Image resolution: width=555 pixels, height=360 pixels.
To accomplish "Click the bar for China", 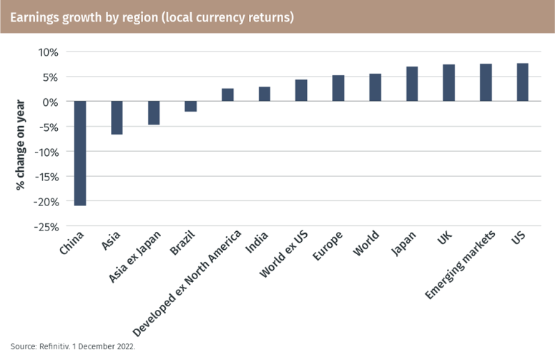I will click(x=80, y=153).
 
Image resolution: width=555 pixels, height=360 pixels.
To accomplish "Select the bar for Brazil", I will click(x=191, y=107).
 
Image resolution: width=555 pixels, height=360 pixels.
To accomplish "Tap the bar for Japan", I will click(x=412, y=84).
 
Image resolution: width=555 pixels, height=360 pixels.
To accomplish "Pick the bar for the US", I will click(x=522, y=82).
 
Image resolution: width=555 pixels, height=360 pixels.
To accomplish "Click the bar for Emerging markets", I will click(x=486, y=82).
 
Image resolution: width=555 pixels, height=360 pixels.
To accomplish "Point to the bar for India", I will click(x=265, y=94).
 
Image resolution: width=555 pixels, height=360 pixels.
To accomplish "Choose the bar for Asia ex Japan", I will click(x=154, y=113).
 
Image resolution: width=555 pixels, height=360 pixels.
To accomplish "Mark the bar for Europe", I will click(x=338, y=88).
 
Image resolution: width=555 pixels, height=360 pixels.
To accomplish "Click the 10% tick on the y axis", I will click(x=48, y=52).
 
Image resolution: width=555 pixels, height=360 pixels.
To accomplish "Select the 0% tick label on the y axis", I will click(x=50, y=102).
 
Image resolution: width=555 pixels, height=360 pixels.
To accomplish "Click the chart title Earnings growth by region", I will click(x=152, y=16).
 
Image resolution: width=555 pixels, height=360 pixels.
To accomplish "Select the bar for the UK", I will click(x=449, y=83).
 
